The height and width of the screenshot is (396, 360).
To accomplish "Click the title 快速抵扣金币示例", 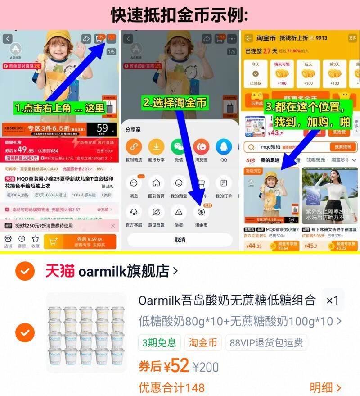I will coord(180,15).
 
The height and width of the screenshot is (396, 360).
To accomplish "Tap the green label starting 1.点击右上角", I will coord(59,108).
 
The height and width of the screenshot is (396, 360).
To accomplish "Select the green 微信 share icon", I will coord(179,147).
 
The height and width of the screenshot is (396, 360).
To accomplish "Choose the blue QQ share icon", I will coord(224,147).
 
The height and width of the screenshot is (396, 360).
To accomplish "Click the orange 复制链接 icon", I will coord(134,147).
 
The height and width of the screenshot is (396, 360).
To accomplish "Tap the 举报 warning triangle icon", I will coord(179,212).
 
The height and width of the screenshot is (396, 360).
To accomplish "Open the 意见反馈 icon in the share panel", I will coord(156,212).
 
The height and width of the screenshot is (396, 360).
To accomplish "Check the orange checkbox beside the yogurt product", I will coord(25,333).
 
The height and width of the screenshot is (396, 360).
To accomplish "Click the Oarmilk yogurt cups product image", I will coord(86,333).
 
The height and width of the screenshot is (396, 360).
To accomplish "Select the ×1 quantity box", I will coord(333,300).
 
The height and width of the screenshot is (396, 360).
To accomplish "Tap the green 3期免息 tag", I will coord(159,343).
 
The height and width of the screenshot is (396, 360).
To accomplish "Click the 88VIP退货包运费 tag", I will coord(266,343).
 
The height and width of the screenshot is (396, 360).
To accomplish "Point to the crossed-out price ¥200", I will coord(206,367).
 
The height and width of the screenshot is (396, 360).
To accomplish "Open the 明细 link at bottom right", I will coord(325,387).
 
